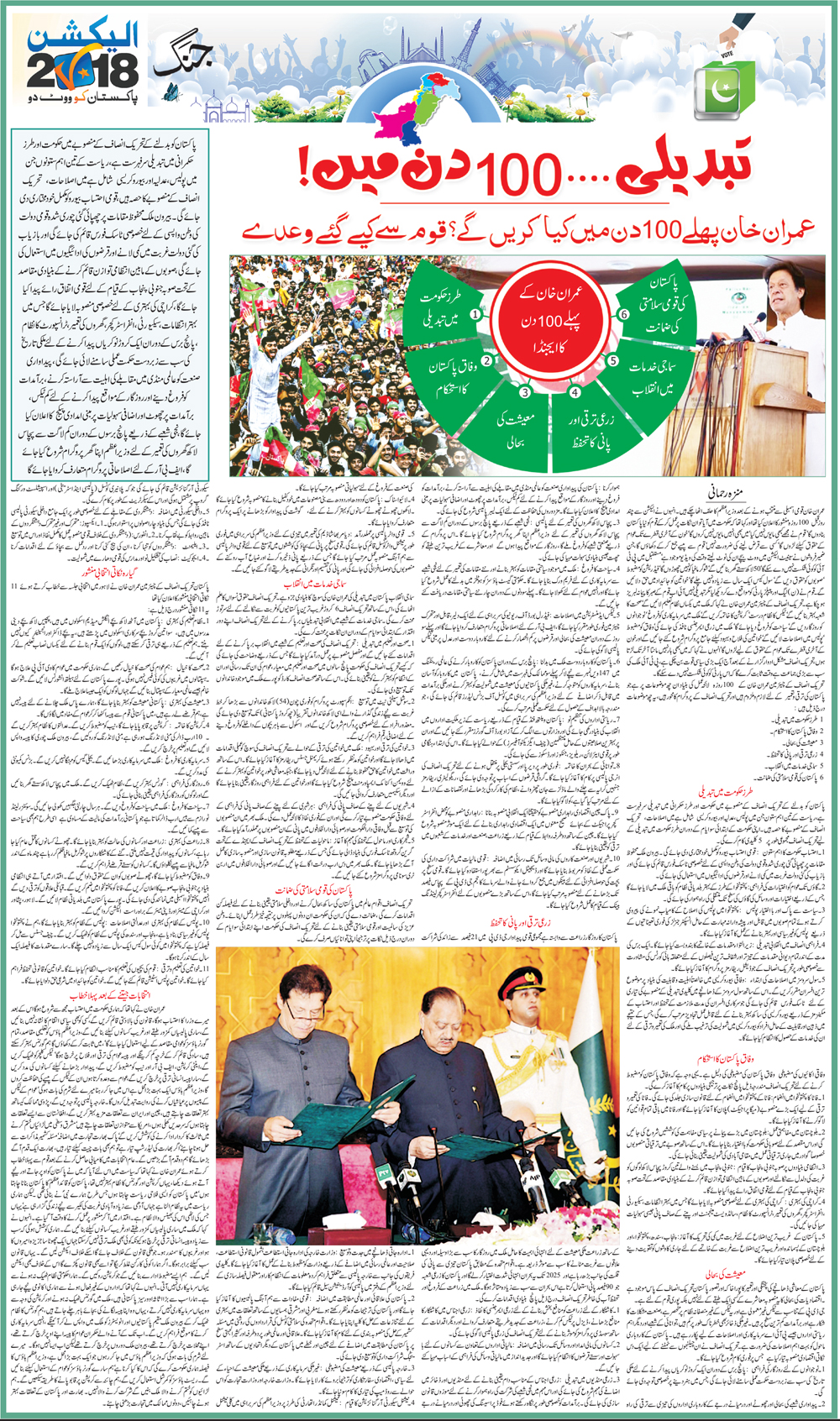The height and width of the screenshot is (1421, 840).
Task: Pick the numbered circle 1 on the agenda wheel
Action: [475, 314]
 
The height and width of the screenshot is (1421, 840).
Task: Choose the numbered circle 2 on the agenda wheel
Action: [486, 360]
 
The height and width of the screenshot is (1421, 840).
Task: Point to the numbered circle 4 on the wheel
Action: [575, 391]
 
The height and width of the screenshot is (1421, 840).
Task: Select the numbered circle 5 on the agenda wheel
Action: [613, 361]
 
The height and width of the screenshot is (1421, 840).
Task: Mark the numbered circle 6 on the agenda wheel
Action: [624, 314]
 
